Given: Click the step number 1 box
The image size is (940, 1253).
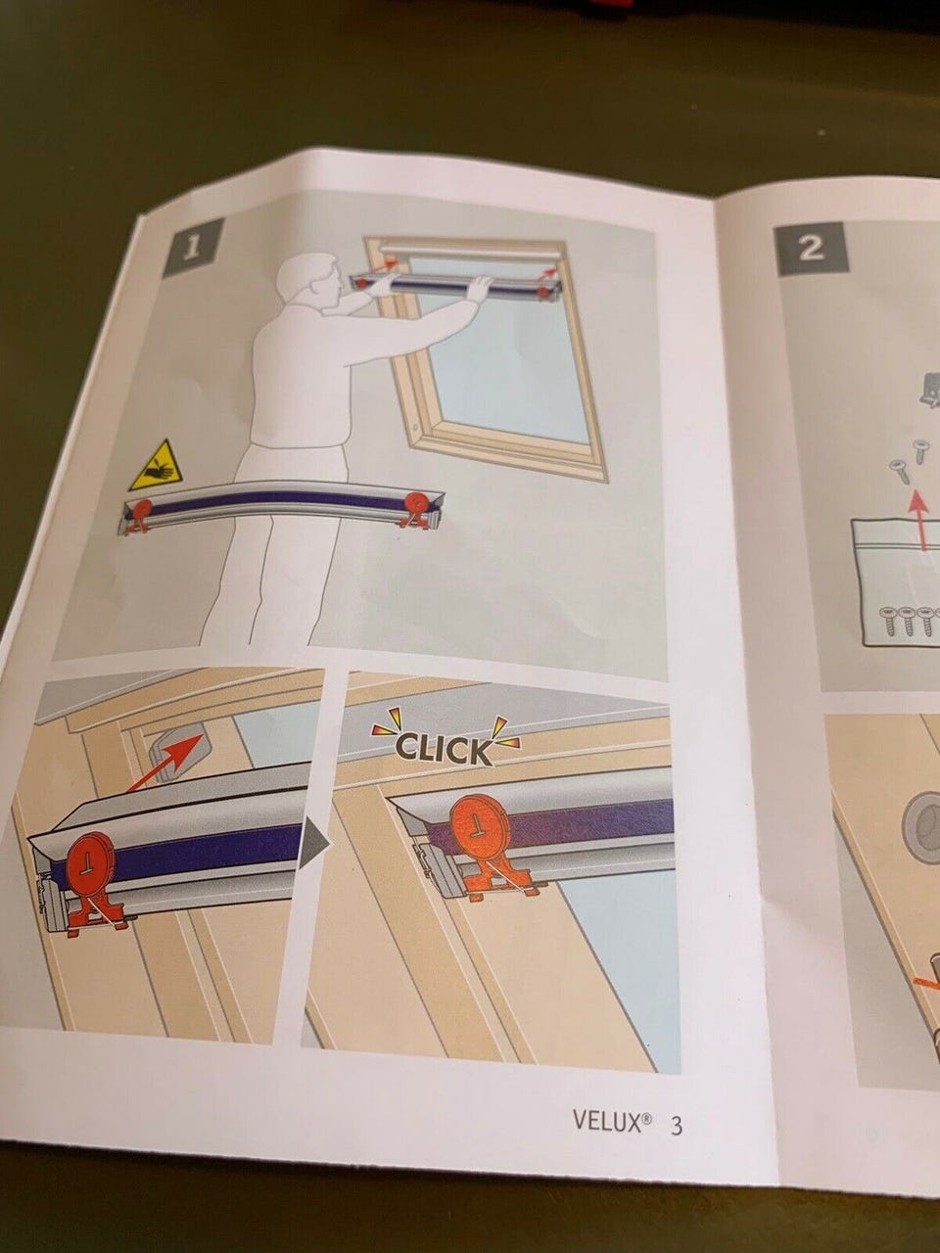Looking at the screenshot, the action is [191, 249].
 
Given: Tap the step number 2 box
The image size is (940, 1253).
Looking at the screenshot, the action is [810, 249].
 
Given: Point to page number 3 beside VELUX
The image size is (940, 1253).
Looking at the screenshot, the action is [677, 1091].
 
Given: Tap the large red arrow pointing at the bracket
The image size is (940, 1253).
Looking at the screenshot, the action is [164, 762].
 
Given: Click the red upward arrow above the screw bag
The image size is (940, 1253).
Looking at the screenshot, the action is [917, 518].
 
